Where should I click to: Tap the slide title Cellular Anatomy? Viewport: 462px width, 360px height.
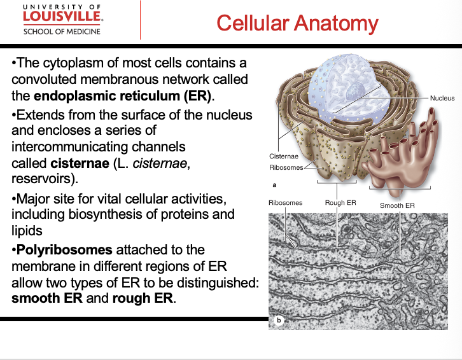pyautogui.click(x=297, y=24)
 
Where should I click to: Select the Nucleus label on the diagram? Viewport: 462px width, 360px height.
pyautogui.click(x=442, y=98)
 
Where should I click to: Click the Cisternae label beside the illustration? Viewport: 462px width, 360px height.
pyautogui.click(x=284, y=156)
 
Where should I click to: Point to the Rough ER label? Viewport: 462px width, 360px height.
pyautogui.click(x=340, y=203)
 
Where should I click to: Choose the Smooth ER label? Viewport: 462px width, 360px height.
pyautogui.click(x=397, y=205)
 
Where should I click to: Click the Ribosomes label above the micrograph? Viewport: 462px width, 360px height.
pyautogui.click(x=285, y=203)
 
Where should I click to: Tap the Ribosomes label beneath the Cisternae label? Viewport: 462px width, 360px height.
pyautogui.click(x=286, y=167)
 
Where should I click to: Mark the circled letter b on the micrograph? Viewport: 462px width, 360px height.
pyautogui.click(x=279, y=320)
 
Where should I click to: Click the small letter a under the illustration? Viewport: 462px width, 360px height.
pyautogui.click(x=274, y=185)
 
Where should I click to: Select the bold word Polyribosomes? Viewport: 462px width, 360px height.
pyautogui.click(x=64, y=250)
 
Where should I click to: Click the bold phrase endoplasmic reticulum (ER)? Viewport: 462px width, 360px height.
pyautogui.click(x=123, y=96)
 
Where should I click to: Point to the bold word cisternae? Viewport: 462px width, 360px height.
pyautogui.click(x=80, y=163)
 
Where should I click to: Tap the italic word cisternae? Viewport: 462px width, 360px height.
pyautogui.click(x=159, y=163)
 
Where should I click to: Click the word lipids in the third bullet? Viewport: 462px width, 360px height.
pyautogui.click(x=27, y=230)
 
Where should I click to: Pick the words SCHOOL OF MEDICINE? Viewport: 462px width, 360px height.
pyautogui.click(x=62, y=32)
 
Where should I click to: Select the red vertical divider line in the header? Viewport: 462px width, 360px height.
pyautogui.click(x=140, y=20)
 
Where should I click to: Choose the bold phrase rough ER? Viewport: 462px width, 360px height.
pyautogui.click(x=143, y=298)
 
